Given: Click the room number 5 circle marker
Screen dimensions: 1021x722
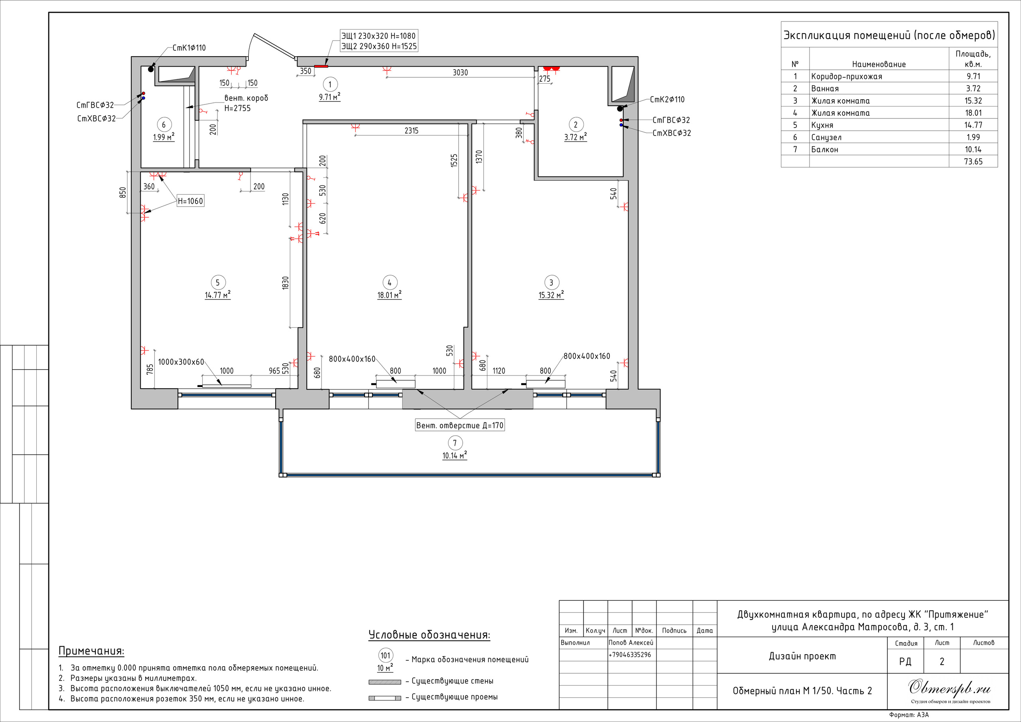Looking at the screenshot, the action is point(217,282).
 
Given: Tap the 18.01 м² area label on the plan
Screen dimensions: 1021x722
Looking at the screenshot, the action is point(390,295).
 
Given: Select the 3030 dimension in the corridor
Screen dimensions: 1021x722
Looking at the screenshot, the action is point(460,73).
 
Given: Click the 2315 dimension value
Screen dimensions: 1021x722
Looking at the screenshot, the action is point(411,131).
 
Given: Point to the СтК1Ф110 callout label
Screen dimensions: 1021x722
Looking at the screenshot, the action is point(189,47).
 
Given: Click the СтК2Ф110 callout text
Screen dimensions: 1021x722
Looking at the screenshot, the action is point(667,99).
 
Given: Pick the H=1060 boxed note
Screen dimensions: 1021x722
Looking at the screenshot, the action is point(190,201).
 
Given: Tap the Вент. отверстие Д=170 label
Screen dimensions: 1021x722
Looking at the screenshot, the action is point(460,425).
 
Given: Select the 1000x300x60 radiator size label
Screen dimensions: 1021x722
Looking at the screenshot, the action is point(181,362).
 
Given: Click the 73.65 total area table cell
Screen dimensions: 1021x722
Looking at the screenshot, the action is point(973,161).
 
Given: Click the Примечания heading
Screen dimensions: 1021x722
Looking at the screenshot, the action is point(91,651).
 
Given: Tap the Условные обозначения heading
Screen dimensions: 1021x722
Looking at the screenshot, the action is point(429,635).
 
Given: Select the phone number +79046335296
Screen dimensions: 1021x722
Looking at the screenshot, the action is point(630,654).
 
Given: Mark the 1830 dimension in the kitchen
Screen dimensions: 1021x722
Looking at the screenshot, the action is point(286,283).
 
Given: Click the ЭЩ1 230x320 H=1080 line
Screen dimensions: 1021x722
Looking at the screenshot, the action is point(378,35).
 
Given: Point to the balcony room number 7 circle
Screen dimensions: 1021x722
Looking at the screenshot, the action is point(455,443).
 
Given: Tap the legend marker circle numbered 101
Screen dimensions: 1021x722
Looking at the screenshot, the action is point(386,655).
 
